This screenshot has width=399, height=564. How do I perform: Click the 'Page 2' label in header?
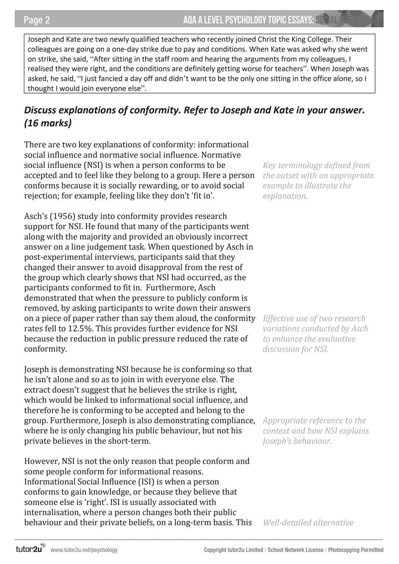[x=37, y=20]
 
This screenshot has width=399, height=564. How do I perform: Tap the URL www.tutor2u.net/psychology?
[x=84, y=550]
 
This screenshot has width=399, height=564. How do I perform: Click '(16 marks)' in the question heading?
[x=48, y=123]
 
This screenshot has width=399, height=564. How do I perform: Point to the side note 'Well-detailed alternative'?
[x=308, y=523]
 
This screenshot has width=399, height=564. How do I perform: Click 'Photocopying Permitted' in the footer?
[x=355, y=550]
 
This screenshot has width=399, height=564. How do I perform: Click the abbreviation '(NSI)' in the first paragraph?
[x=86, y=165]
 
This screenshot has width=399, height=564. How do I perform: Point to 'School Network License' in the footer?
[x=295, y=550]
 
